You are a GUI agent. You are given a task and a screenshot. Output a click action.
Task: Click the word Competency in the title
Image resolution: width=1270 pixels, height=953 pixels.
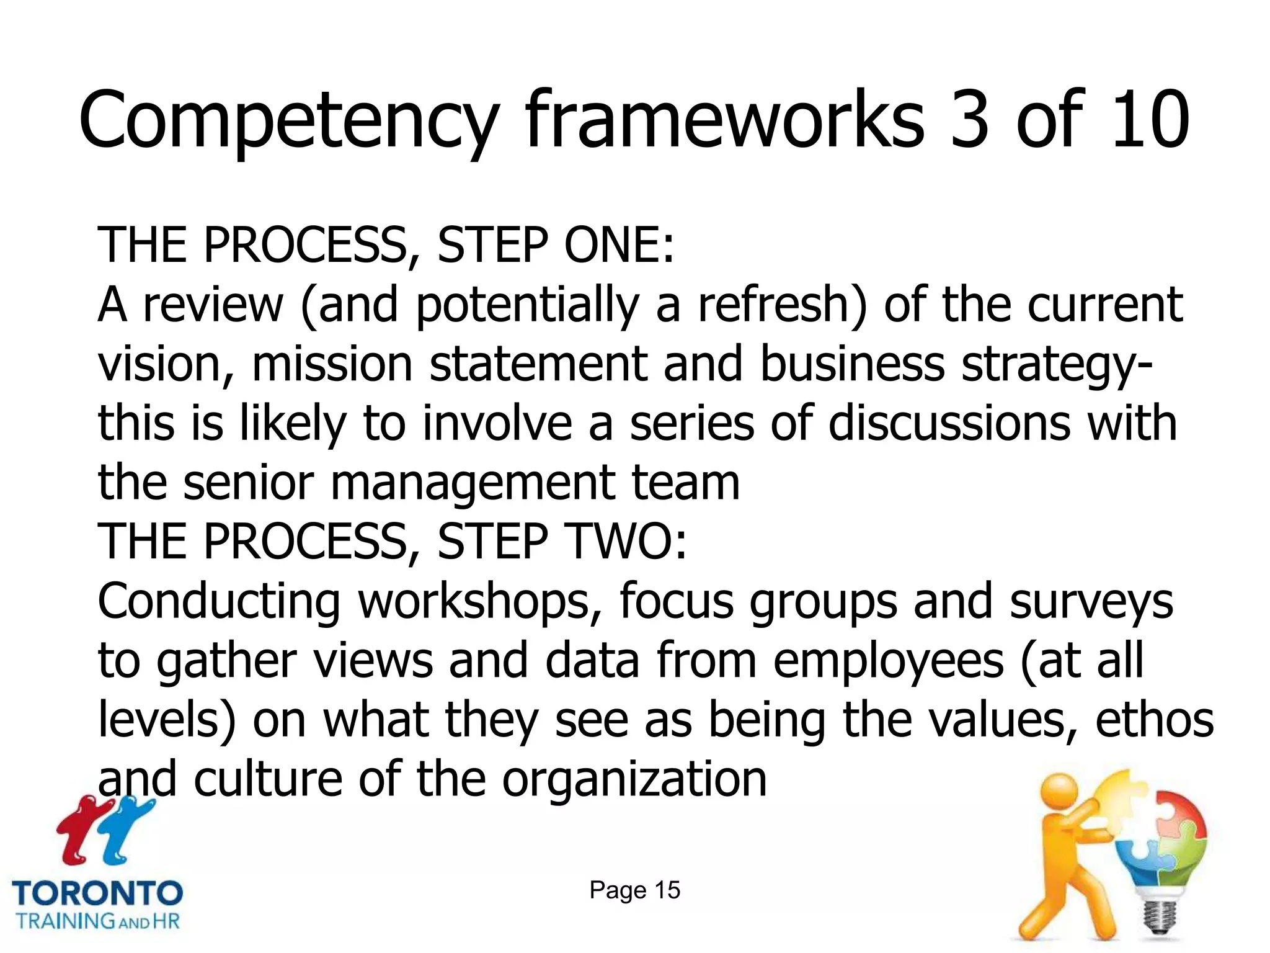point(288,121)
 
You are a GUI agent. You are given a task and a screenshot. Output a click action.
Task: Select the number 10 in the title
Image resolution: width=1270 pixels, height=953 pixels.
point(1151,121)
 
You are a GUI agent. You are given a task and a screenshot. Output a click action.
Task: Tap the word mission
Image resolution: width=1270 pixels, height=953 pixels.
point(332,364)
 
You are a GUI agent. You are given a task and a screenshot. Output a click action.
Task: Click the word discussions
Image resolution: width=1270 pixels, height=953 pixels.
point(949,423)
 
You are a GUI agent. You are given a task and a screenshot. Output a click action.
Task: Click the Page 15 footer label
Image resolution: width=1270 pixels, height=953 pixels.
point(634,890)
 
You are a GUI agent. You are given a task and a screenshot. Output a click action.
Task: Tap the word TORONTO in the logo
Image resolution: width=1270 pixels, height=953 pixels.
point(97,893)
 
